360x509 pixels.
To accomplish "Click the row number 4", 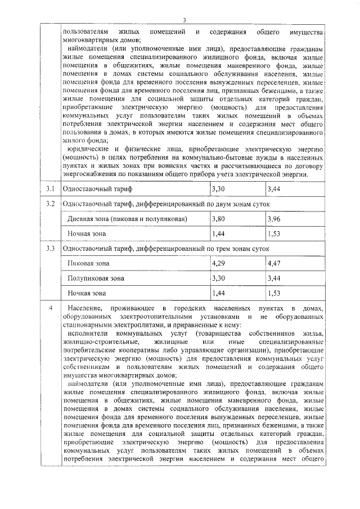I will pyautogui.click(x=51, y=308).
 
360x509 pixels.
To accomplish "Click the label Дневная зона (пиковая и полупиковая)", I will pyautogui.click(x=127, y=218).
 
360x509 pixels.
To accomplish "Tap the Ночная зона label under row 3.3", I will pyautogui.click(x=86, y=293).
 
